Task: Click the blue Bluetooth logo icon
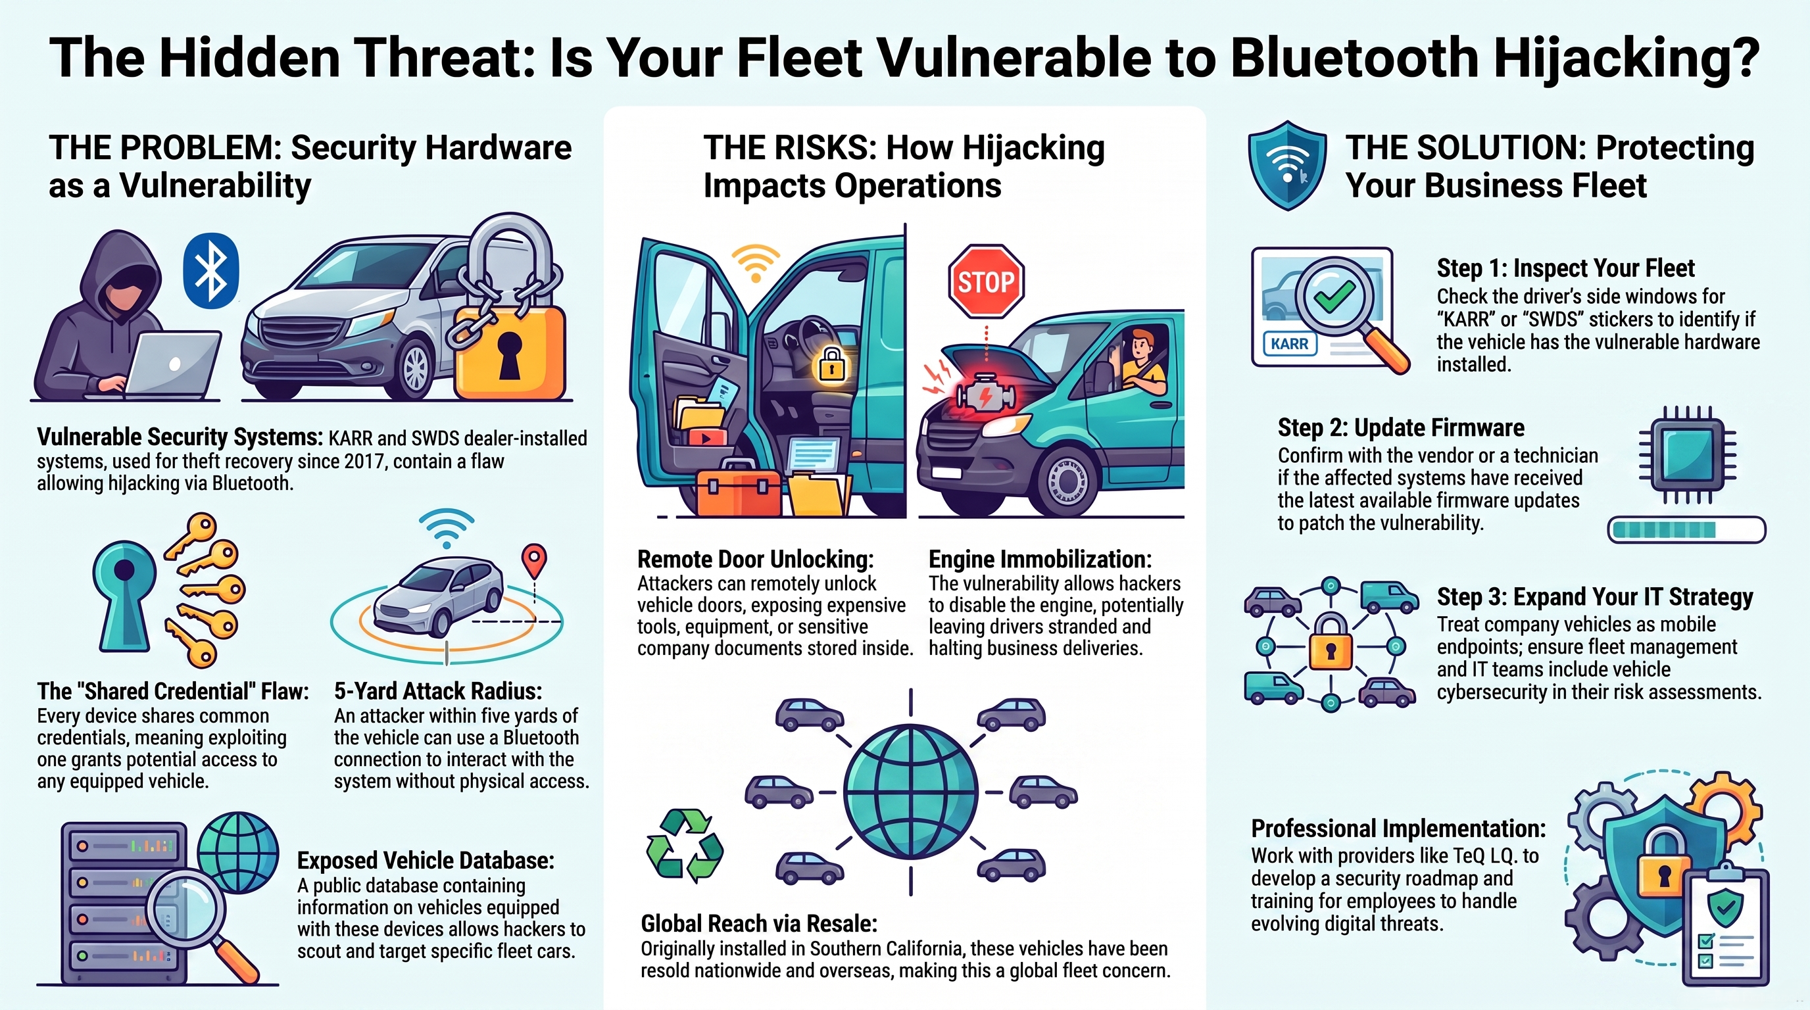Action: point(210,271)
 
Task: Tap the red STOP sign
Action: point(986,281)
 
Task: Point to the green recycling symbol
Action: point(685,845)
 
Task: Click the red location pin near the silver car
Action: point(534,561)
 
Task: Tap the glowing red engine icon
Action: point(985,395)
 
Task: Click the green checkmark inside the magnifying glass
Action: point(1334,296)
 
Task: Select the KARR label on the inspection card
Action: point(1289,344)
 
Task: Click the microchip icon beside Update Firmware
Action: point(1687,454)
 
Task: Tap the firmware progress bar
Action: point(1686,529)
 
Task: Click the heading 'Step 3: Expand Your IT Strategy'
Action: point(1594,596)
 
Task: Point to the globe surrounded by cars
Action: point(911,792)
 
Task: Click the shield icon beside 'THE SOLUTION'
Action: point(1287,165)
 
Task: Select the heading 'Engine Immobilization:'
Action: point(1040,559)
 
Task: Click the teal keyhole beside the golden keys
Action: point(124,594)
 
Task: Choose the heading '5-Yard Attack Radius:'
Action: point(438,691)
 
